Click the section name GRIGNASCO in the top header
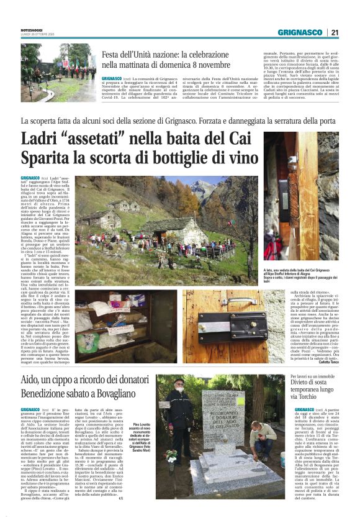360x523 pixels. pyautogui.click(x=300, y=32)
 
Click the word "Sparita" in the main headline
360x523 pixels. pyautogui.click(x=49, y=158)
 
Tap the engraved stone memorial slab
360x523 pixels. pyautogui.click(x=222, y=416)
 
